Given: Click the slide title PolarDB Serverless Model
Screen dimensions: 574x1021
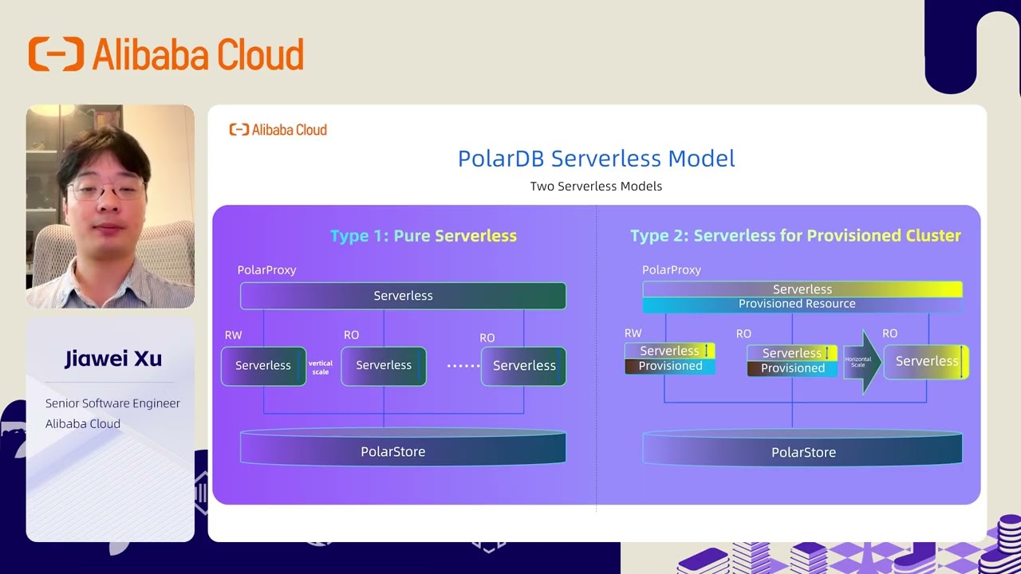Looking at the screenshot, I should [596, 158].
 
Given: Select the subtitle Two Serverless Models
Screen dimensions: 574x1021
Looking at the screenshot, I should [596, 187].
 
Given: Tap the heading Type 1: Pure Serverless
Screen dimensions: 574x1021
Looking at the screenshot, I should [424, 236].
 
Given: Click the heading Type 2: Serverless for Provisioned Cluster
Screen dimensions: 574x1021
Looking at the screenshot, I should [795, 236].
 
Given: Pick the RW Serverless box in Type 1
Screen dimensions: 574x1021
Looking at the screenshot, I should [263, 366].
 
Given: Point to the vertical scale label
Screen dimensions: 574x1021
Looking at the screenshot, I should [321, 368].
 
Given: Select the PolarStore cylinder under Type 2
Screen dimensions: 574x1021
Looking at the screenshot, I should [802, 451].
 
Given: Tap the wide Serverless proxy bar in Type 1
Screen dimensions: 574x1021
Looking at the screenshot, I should [403, 296].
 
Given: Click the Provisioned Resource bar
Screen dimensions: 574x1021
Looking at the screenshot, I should [798, 304].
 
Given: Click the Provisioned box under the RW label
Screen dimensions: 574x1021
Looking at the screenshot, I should [670, 367].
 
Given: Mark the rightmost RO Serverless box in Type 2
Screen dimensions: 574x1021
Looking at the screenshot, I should [926, 362].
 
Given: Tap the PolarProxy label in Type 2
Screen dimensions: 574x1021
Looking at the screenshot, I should [671, 270].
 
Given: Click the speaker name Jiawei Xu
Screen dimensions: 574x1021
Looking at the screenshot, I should [113, 359].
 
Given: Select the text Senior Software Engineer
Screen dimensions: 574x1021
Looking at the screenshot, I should [112, 403].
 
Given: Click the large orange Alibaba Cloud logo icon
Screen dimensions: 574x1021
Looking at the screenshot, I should [56, 54].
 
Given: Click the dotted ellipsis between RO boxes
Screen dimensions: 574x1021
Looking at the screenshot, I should [463, 366].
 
